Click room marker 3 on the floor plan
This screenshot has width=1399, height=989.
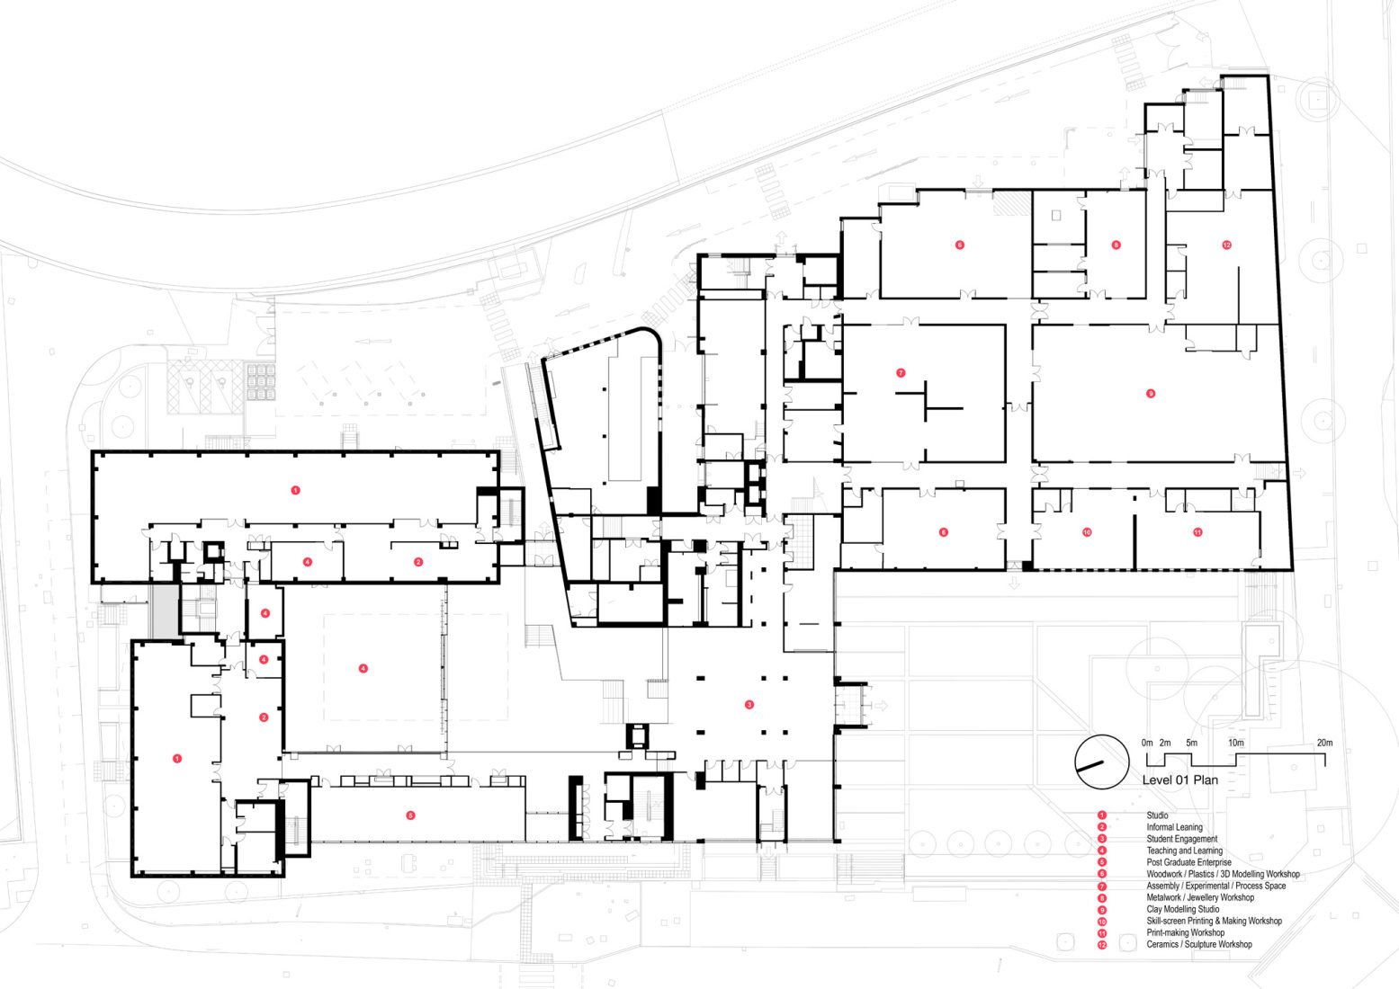(749, 705)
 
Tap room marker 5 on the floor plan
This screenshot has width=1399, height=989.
(410, 815)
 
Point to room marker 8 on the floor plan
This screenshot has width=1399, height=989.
(1117, 245)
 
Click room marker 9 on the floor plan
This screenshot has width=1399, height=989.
(1151, 394)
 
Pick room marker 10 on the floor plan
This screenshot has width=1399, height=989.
(1087, 532)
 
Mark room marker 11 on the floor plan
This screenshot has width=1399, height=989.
(1197, 532)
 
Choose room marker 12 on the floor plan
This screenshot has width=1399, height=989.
(1226, 245)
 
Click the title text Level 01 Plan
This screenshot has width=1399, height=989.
(1179, 780)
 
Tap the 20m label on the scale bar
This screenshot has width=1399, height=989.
(1324, 743)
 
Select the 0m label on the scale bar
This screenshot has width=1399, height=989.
(1146, 743)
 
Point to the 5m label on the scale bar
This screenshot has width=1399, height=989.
(1191, 743)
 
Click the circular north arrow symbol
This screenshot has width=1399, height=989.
(1101, 762)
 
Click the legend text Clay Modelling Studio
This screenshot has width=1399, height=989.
(1182, 909)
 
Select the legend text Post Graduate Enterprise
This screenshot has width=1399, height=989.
(1188, 862)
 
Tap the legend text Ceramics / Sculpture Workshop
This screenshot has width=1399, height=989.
(1198, 944)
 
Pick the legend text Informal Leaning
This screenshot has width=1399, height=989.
(1174, 827)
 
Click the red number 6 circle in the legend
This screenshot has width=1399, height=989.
(1102, 874)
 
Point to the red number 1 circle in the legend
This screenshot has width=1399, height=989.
(1102, 815)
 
